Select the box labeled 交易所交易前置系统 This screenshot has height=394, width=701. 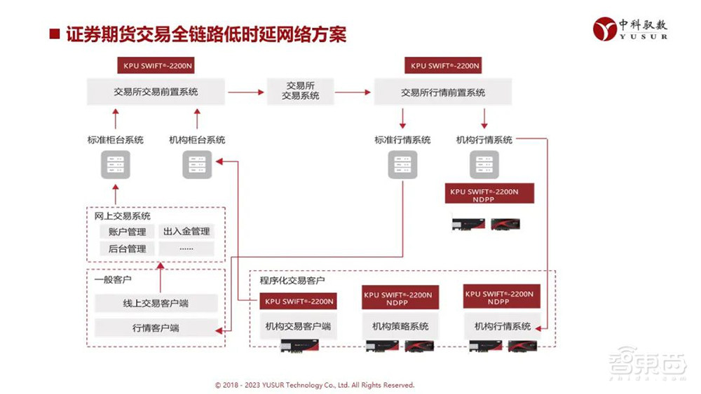tap(156, 92)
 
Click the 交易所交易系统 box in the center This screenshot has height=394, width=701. tap(300, 91)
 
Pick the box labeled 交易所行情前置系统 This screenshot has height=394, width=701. tap(442, 92)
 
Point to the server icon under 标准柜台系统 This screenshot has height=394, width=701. tap(115, 164)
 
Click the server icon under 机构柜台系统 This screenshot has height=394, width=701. tap(197, 164)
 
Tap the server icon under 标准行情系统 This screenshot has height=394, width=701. tap(402, 164)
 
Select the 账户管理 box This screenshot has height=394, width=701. tap(127, 232)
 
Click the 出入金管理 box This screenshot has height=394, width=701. tap(186, 232)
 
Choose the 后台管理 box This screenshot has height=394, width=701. tap(127, 249)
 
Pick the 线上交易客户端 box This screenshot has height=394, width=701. tap(156, 304)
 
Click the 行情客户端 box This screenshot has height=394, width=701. tap(156, 328)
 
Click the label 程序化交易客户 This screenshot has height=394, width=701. tap(292, 281)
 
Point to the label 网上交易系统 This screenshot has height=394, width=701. tap(123, 216)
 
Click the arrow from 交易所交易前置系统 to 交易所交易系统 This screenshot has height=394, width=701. tap(245, 92)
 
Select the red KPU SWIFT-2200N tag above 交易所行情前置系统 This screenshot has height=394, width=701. tap(442, 66)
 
